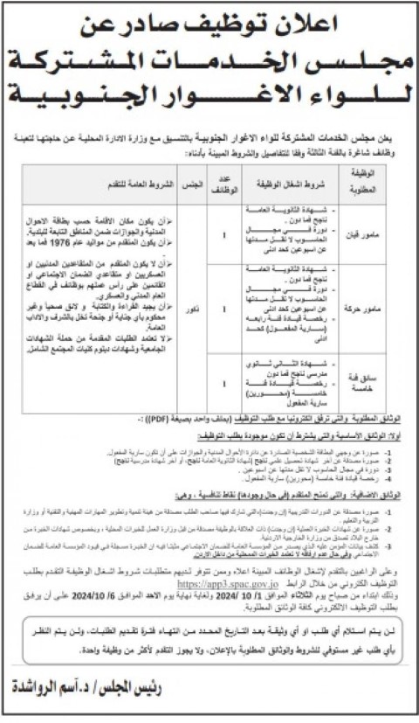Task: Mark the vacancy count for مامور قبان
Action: (224, 233)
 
